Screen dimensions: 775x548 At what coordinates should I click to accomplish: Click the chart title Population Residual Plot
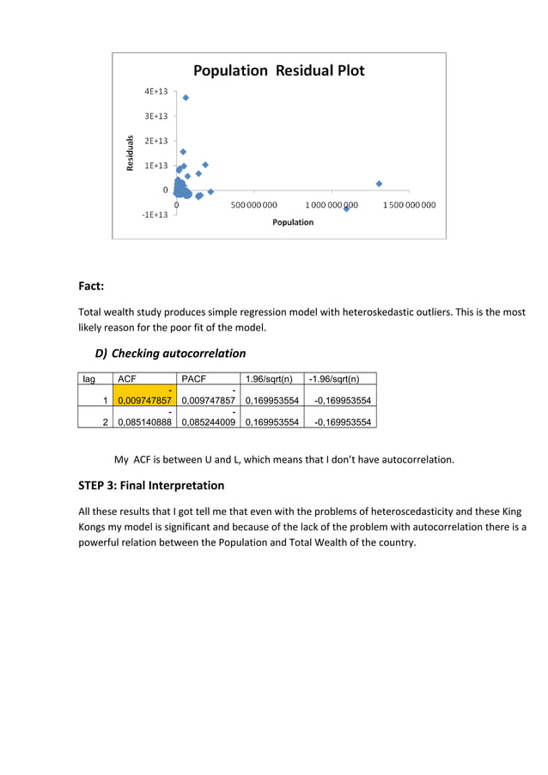tap(277, 70)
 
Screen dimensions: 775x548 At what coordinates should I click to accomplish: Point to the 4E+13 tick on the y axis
tap(155, 91)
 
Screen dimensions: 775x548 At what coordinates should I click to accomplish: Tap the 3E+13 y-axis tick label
tap(155, 116)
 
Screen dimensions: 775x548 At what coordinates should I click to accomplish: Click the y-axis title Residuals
tap(131, 153)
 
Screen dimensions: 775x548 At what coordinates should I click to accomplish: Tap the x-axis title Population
tap(292, 222)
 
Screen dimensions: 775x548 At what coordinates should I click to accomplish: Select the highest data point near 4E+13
tap(186, 98)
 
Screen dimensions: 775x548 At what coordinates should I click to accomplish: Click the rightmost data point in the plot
tap(379, 183)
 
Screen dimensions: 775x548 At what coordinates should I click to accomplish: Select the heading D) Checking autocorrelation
tap(170, 353)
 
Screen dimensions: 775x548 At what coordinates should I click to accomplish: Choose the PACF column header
tap(193, 378)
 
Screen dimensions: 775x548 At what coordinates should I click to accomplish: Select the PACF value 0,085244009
tap(208, 421)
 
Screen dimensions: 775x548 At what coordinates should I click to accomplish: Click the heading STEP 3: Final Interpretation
tap(151, 486)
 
